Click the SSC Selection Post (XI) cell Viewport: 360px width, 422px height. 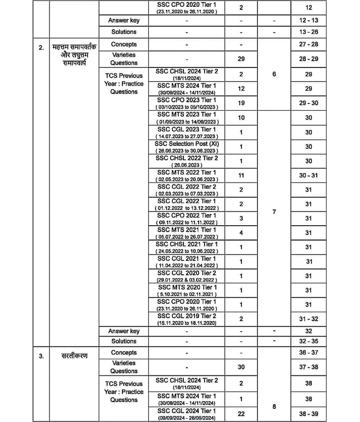pos(187,147)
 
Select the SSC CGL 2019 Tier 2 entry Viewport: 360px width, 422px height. pos(187,319)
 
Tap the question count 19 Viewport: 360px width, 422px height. pos(241,103)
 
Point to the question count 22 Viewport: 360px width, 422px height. pos(241,414)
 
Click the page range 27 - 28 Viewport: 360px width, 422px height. pos(308,44)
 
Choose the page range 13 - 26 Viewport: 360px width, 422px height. pos(308,32)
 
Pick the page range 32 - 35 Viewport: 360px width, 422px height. pos(308,341)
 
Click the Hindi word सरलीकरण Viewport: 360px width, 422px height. pos(73,356)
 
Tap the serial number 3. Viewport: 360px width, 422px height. pos(41,356)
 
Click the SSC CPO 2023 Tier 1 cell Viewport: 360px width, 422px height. pos(187,103)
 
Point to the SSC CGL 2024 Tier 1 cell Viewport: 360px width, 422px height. pos(187,414)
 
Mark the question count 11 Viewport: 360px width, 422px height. pos(241,175)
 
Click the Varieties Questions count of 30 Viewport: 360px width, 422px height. pos(241,367)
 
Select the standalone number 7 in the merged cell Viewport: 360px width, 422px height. pos(274,212)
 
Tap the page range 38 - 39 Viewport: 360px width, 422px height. pos(308,414)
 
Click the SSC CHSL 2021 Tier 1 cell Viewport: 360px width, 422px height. pos(187,247)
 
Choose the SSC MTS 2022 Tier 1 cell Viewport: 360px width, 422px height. pos(187,175)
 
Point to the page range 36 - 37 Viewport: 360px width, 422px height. pos(308,352)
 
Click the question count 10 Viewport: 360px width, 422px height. pos(241,118)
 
